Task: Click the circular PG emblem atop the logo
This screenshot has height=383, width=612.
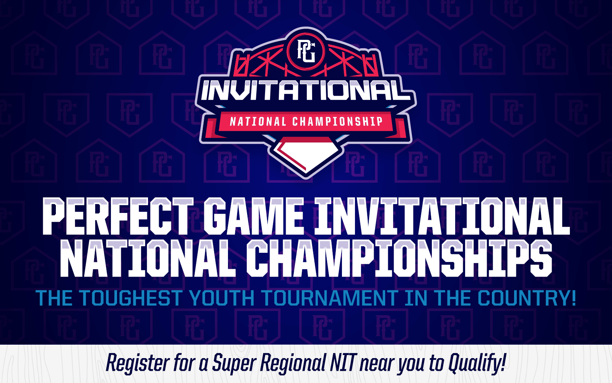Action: point(306,51)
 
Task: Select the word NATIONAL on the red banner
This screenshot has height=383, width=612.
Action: point(258,121)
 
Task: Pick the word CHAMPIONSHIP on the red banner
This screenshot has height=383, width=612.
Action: point(338,121)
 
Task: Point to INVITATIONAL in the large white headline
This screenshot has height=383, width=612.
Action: point(442,216)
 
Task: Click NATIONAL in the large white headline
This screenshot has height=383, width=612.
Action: point(148,259)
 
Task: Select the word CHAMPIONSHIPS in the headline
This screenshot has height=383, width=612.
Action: point(399,259)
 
